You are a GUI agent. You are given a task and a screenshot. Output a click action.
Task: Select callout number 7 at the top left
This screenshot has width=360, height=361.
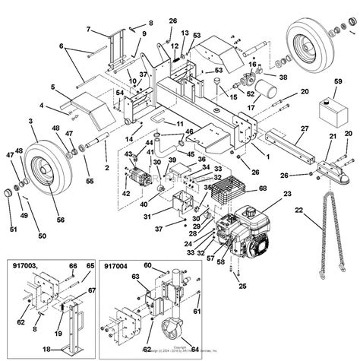88,30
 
